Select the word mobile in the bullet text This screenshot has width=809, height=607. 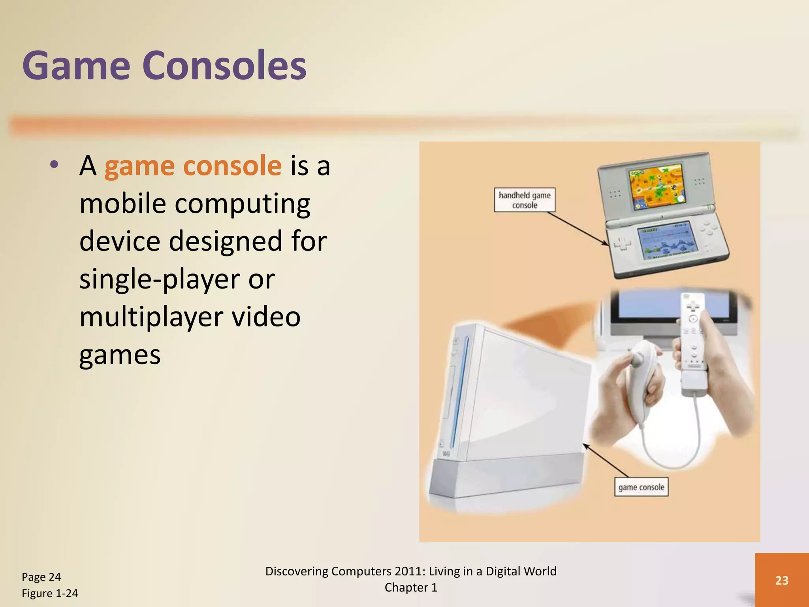(x=122, y=204)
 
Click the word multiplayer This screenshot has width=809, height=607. (x=151, y=317)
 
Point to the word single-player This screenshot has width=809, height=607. (x=160, y=279)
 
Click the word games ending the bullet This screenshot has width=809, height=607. (x=120, y=354)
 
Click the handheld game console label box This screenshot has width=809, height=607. (x=524, y=200)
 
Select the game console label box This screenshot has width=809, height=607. (x=641, y=487)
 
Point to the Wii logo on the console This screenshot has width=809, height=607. (x=446, y=454)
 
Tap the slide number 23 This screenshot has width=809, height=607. (x=781, y=580)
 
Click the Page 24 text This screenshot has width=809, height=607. (x=41, y=577)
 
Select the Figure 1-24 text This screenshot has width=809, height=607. (x=50, y=593)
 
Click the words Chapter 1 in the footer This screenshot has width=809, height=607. (x=411, y=588)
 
